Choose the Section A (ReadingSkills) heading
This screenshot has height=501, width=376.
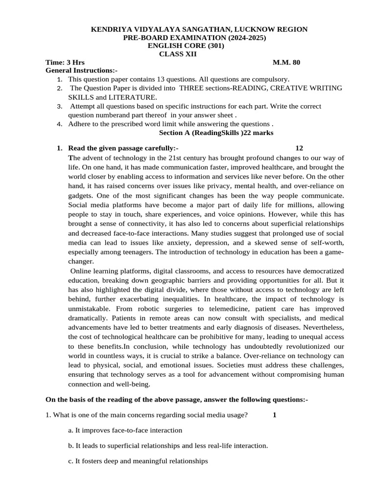pos(216,133)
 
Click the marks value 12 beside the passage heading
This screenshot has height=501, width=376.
pos(300,148)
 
